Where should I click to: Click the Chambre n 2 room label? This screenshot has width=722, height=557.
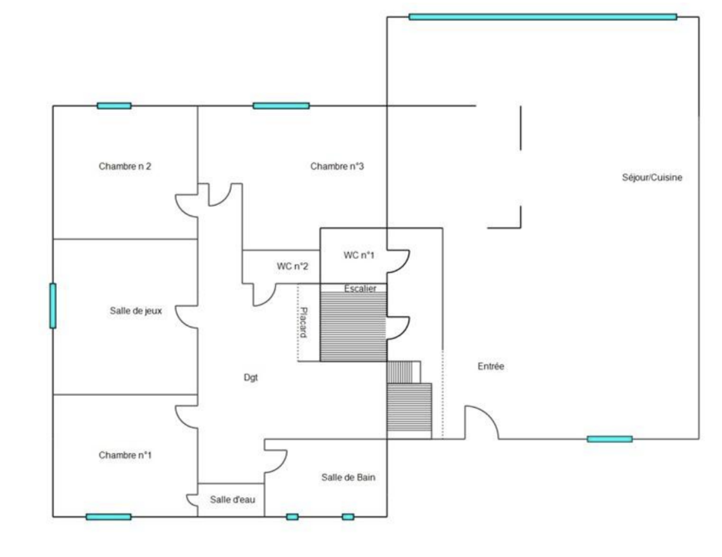[125, 166]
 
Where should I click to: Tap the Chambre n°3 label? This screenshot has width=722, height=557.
[337, 166]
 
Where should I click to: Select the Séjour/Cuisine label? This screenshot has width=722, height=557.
[652, 177]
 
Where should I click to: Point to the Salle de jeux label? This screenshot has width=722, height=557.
[135, 311]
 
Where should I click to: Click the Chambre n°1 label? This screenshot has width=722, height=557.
[125, 455]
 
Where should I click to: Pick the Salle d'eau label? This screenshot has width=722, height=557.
[232, 500]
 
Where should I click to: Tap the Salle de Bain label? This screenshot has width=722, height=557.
[348, 477]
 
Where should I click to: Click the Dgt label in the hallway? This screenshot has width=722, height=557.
[250, 377]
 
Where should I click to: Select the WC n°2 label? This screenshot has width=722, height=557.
[292, 267]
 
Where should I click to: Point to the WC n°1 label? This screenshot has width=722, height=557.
[359, 255]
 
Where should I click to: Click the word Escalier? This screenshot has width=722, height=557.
[360, 289]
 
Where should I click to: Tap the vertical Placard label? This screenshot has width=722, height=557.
[304, 322]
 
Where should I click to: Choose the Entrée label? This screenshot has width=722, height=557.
[491, 366]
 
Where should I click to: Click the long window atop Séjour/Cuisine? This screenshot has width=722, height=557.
[542, 17]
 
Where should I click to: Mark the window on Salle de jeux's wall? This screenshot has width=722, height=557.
[53, 305]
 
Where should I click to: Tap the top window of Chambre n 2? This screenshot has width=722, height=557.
[114, 106]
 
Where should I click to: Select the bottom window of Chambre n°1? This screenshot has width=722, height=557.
[108, 517]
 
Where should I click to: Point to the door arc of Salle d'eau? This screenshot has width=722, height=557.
[191, 500]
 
